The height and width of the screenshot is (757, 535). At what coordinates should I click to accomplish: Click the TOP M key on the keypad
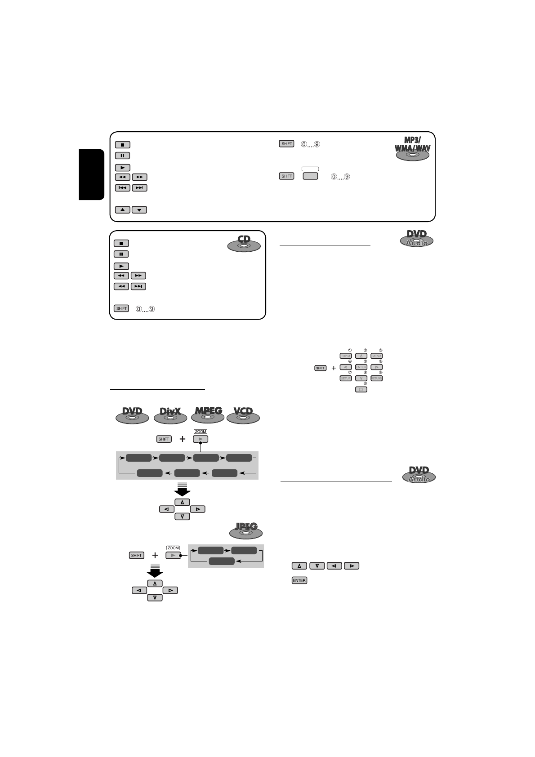pyautogui.click(x=346, y=356)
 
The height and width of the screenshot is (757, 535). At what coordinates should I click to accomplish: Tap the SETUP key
pyautogui.click(x=346, y=378)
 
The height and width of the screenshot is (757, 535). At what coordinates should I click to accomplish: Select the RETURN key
pyautogui.click(x=377, y=378)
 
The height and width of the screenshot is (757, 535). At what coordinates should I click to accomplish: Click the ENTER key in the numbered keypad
pyautogui.click(x=361, y=367)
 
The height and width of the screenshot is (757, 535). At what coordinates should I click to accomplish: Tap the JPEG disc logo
pyautogui.click(x=246, y=530)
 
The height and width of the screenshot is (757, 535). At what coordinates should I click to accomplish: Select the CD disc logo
pyautogui.click(x=244, y=243)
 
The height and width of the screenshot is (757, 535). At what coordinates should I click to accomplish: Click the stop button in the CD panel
pyautogui.click(x=121, y=243)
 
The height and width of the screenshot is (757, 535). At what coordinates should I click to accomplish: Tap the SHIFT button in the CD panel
pyautogui.click(x=121, y=308)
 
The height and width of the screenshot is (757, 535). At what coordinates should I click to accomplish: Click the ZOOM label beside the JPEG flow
pyautogui.click(x=173, y=548)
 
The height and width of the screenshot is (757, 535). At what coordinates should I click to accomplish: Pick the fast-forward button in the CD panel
pyautogui.click(x=138, y=276)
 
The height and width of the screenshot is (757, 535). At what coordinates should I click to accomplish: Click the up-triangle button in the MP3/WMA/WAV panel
pyautogui.click(x=123, y=209)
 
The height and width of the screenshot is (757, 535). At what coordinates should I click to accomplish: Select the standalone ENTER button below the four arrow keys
pyautogui.click(x=299, y=580)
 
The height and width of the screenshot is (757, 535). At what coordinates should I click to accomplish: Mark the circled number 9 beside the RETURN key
pyautogui.click(x=381, y=373)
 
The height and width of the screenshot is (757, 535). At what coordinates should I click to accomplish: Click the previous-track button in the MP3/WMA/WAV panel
pyautogui.click(x=123, y=187)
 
